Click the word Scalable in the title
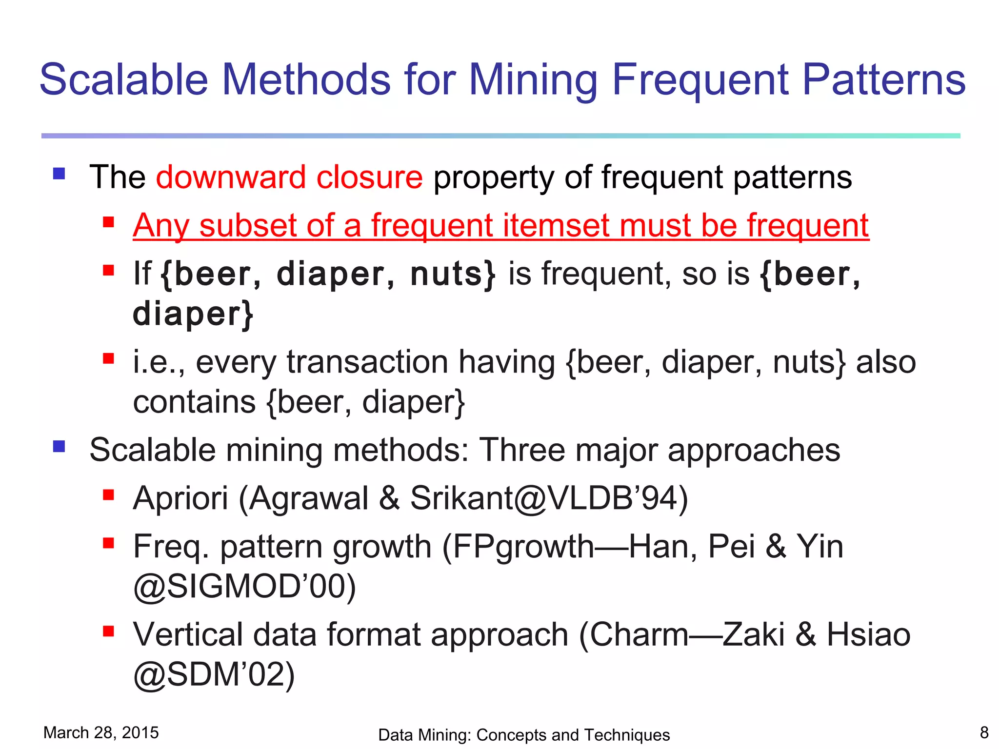pyautogui.click(x=124, y=79)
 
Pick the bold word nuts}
pyautogui.click(x=453, y=274)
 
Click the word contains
pyautogui.click(x=194, y=402)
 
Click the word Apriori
pyautogui.click(x=180, y=498)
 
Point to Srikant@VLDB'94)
pyautogui.click(x=549, y=498)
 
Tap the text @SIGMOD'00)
pyautogui.click(x=244, y=587)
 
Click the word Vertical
pyautogui.click(x=187, y=635)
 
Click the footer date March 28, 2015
pyautogui.click(x=101, y=732)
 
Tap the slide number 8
pyautogui.click(x=984, y=732)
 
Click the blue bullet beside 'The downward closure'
pyautogui.click(x=59, y=174)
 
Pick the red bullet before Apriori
pyautogui.click(x=108, y=495)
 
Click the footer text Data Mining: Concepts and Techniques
pyautogui.click(x=524, y=735)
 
